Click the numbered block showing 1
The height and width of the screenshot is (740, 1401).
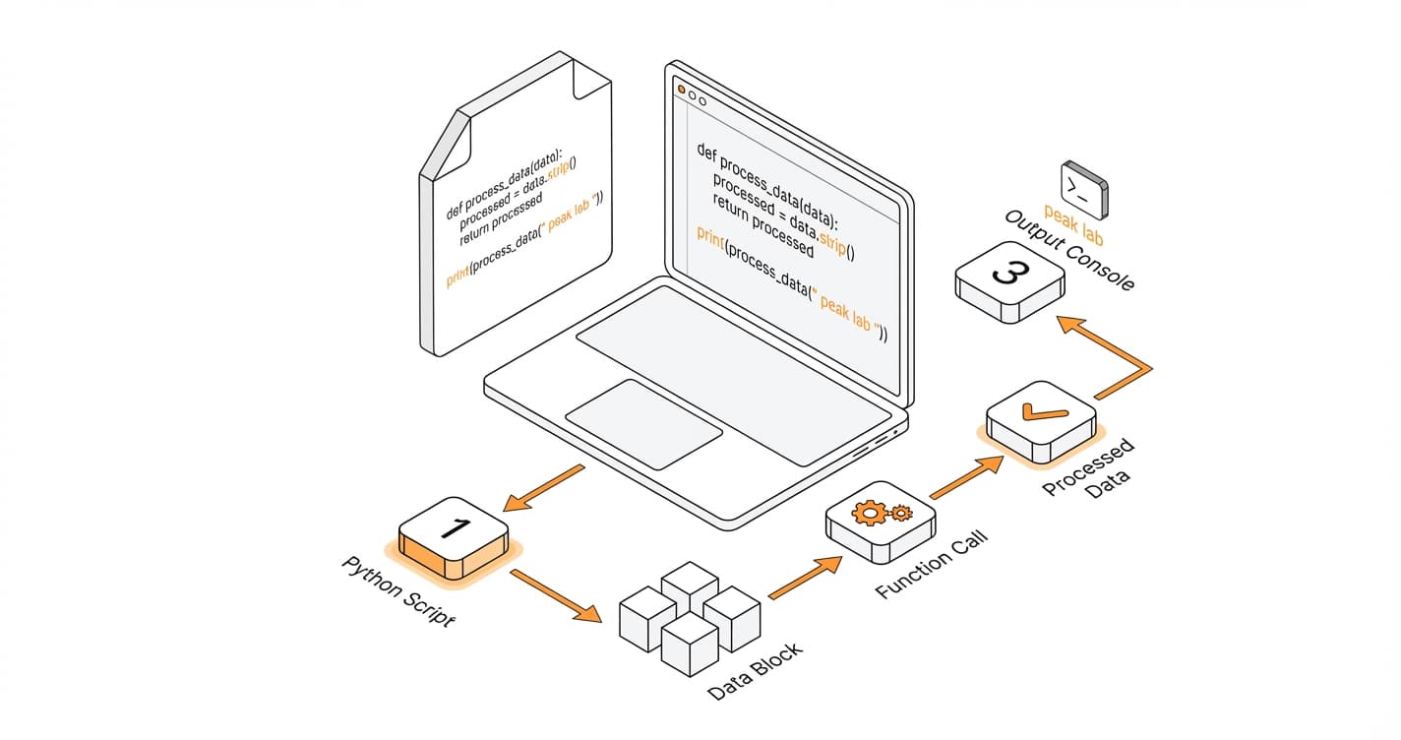(453, 536)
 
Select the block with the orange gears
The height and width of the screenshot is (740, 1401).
(881, 523)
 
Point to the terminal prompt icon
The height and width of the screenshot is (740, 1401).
(1083, 188)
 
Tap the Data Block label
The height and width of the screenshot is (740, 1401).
(755, 672)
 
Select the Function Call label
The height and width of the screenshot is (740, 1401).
(931, 564)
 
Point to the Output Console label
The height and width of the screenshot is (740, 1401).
(1069, 251)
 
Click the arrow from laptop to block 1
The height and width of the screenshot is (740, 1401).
(543, 488)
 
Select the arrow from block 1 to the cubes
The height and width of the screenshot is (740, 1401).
(558, 596)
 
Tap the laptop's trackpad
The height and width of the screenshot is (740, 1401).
(643, 424)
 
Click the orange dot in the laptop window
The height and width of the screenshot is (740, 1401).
(680, 90)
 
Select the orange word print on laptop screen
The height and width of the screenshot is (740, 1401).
(709, 237)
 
